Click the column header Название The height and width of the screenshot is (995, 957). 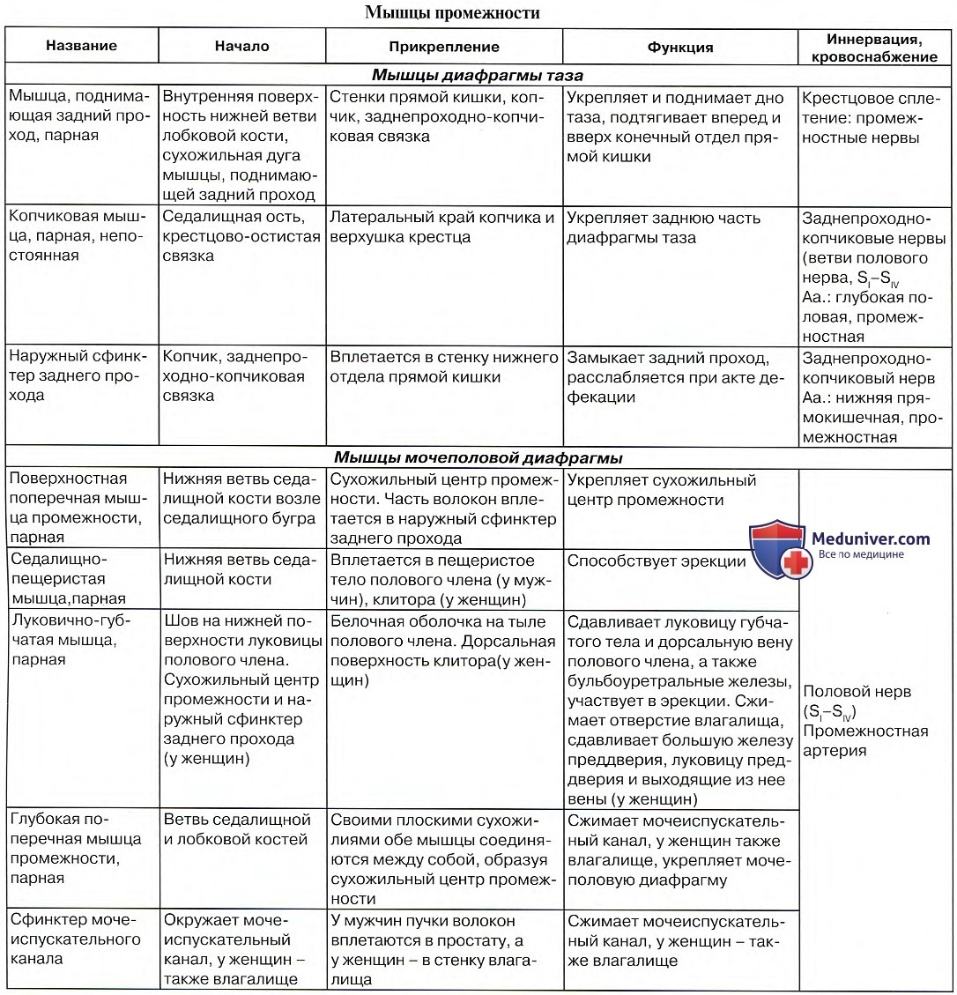tap(81, 46)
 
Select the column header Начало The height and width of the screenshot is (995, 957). tap(241, 46)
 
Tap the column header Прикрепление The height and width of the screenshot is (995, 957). tap(444, 47)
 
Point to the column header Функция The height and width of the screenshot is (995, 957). tap(680, 47)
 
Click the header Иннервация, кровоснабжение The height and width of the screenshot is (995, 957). tap(875, 48)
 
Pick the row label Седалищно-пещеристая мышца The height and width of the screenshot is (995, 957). tap(69, 579)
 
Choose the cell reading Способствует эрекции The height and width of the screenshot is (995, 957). tap(656, 561)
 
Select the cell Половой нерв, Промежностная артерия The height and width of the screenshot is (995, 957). tap(864, 721)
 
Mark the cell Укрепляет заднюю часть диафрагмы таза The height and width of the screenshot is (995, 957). tap(664, 227)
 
